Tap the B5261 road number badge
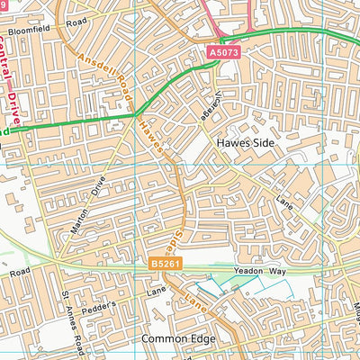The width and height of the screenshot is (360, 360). coord(164,264)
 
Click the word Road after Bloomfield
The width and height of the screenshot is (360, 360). coord(76,19)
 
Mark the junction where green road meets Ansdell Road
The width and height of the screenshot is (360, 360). coord(134,115)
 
